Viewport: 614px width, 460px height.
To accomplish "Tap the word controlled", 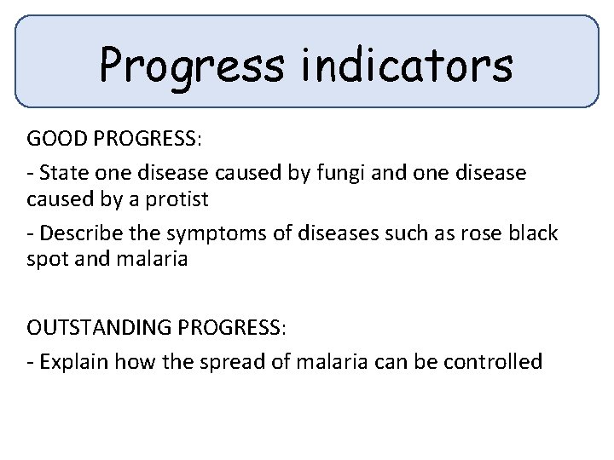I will tap(495, 361).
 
